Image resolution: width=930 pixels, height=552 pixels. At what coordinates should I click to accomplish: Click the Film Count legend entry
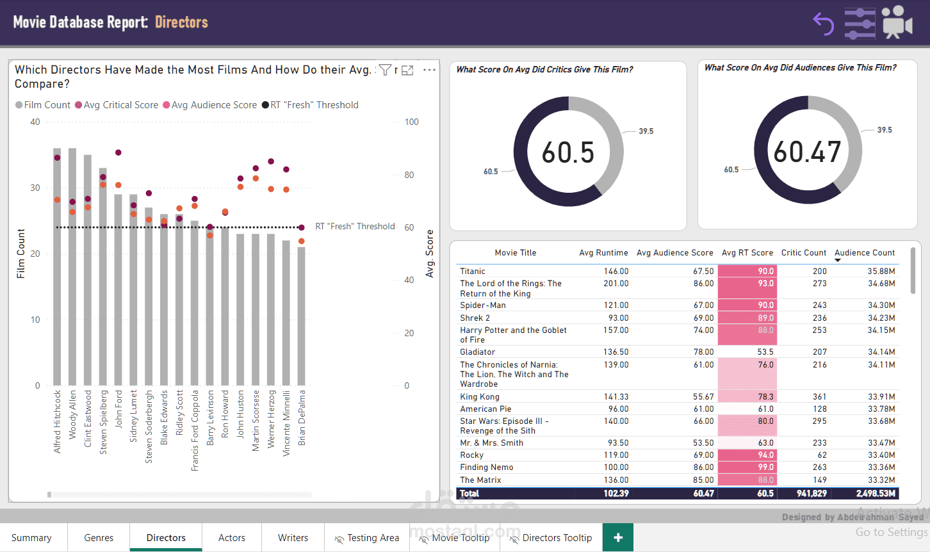(x=43, y=105)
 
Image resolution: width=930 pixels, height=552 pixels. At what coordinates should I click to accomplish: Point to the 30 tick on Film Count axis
(x=35, y=188)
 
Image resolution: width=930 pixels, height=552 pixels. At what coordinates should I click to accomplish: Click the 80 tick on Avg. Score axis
(x=409, y=175)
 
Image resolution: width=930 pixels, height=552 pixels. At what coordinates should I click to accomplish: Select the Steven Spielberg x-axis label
(x=103, y=423)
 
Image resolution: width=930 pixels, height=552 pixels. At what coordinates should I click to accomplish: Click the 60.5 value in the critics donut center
(x=568, y=152)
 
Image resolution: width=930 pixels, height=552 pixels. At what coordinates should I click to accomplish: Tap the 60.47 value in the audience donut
(x=807, y=152)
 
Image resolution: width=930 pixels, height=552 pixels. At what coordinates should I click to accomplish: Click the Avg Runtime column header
(x=603, y=253)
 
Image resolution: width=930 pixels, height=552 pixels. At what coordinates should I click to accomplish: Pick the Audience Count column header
(x=865, y=253)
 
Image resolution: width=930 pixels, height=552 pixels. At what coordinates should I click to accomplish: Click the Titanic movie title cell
(x=473, y=272)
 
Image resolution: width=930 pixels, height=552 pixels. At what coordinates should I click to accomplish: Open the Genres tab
(x=99, y=538)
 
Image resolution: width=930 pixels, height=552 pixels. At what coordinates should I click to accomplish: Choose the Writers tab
(x=293, y=538)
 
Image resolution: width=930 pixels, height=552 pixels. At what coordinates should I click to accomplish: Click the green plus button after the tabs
(x=618, y=538)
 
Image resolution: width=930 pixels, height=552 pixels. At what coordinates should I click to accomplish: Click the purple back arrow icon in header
(x=824, y=24)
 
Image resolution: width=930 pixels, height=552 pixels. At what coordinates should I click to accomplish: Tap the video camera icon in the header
(x=897, y=22)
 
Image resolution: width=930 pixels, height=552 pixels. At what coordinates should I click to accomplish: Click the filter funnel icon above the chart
(x=385, y=70)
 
